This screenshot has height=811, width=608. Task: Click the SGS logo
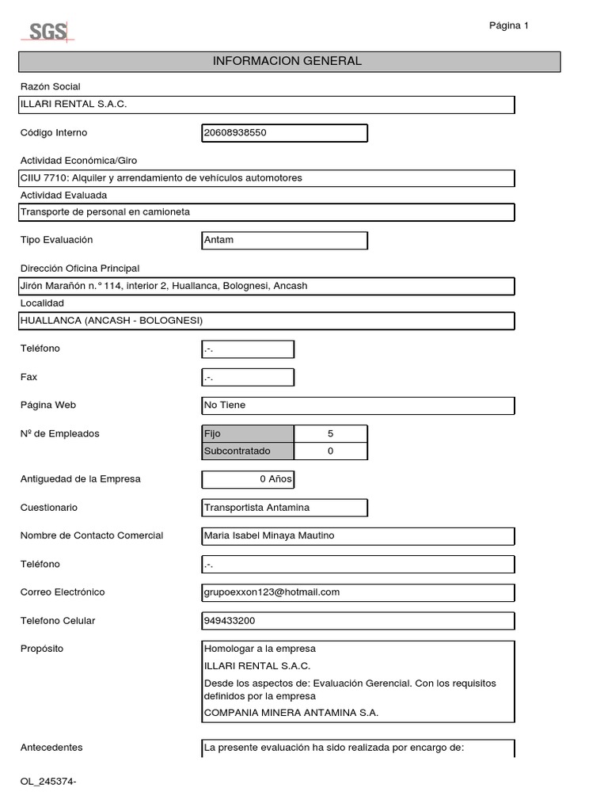coord(47,32)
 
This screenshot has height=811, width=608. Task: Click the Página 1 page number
coord(508,25)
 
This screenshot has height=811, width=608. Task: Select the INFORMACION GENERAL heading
coord(288,61)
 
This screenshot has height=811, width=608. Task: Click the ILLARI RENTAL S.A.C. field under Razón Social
coord(267,105)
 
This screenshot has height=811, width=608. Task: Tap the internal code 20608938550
coord(284,133)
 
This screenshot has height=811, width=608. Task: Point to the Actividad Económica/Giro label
coord(78,161)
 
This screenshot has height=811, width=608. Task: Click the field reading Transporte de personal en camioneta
coord(267,212)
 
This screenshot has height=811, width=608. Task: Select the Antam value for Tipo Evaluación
coord(284,240)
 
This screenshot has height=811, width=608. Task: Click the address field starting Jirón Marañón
coord(267,286)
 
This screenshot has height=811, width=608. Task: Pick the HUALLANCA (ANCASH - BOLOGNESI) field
coord(267,321)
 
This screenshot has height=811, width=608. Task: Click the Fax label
coord(28,377)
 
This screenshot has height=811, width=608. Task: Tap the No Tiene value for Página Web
coord(358,405)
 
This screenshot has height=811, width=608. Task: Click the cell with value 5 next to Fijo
coord(330,434)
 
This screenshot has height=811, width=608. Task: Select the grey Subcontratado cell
coord(248,451)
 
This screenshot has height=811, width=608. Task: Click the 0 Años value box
coord(248,479)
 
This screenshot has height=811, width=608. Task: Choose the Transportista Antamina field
coord(284,508)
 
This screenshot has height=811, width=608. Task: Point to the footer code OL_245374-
coord(48,782)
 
